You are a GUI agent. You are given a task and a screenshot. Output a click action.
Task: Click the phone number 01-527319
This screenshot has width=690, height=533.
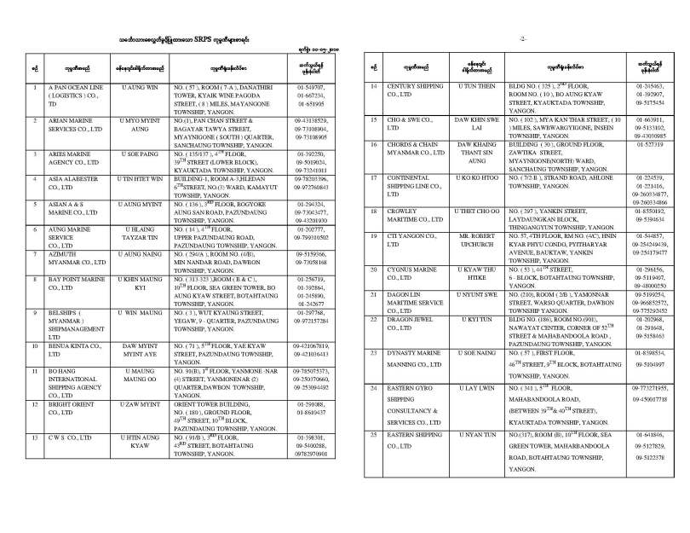pos(654,145)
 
